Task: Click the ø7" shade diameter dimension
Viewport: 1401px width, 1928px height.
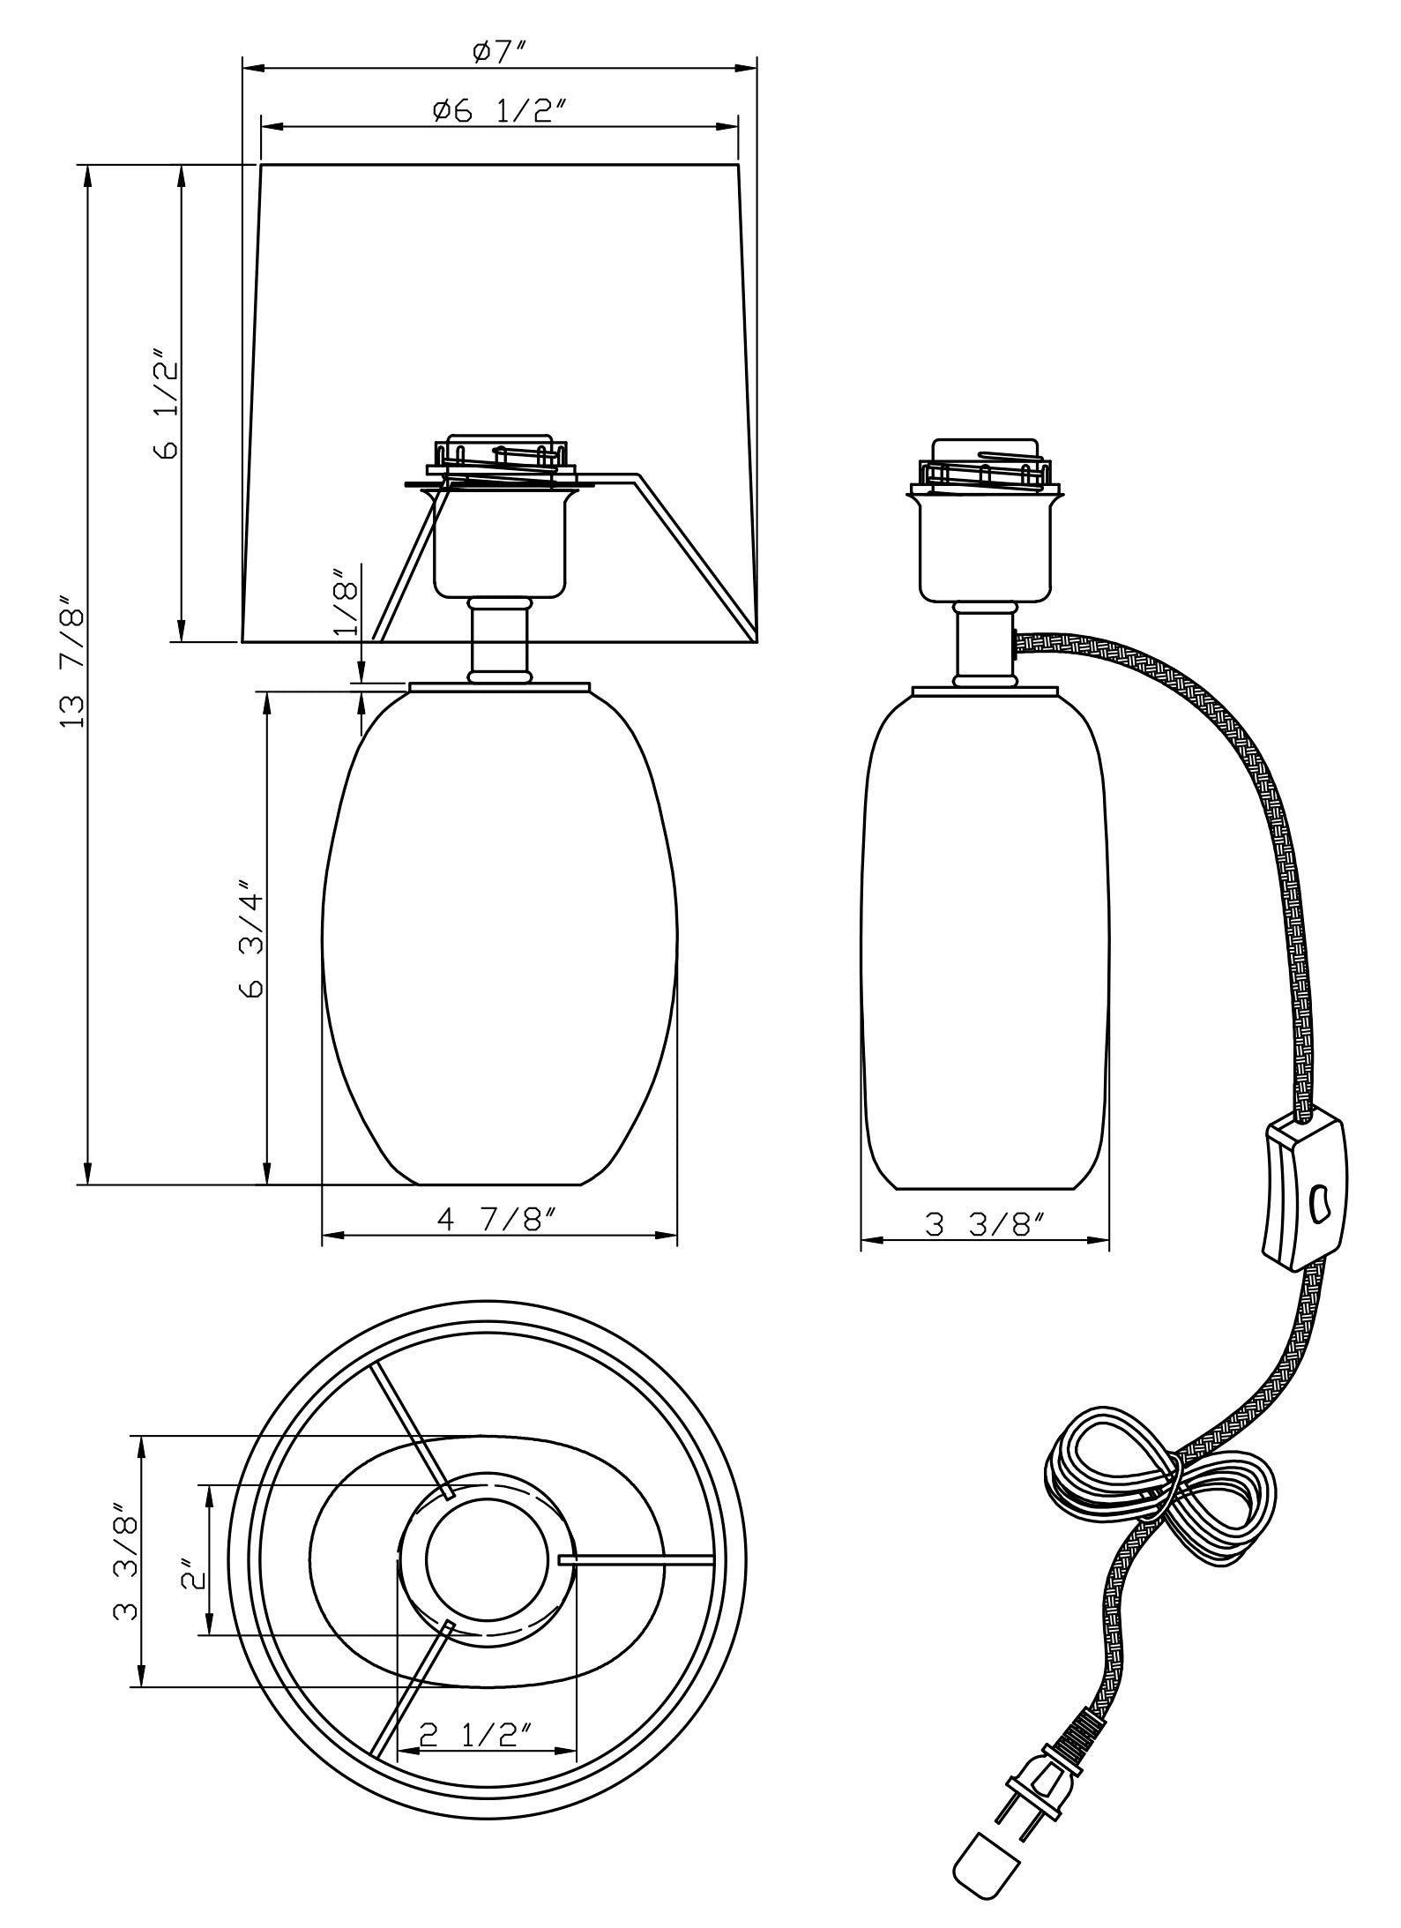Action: (499, 53)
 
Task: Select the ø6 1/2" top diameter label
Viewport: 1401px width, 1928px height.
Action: (499, 111)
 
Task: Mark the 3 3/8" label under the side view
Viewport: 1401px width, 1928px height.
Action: (985, 1225)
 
